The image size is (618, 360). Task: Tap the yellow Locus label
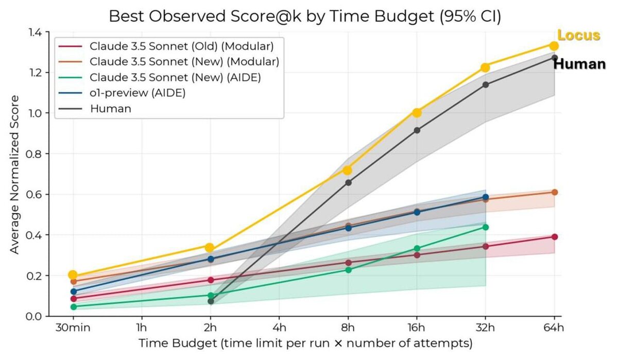pos(579,36)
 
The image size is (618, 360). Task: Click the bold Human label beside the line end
pos(579,64)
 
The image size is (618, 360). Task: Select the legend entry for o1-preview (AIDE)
pos(138,93)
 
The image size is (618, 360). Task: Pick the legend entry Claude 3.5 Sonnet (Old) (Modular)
pos(181,46)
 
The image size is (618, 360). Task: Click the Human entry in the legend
pos(110,108)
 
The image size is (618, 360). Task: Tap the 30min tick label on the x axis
pos(73,328)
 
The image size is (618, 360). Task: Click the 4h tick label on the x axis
pos(279,328)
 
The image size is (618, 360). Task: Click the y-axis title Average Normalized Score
pos(15,174)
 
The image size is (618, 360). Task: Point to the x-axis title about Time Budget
pos(305,343)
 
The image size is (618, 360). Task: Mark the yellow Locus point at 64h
pos(554,46)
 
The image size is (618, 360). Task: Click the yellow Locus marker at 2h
pos(210,248)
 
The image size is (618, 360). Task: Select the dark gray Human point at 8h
pos(348,182)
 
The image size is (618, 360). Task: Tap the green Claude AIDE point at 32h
pos(485,227)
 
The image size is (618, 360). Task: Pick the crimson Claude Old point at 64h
pos(555,237)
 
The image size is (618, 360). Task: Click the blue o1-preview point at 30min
pos(73,292)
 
